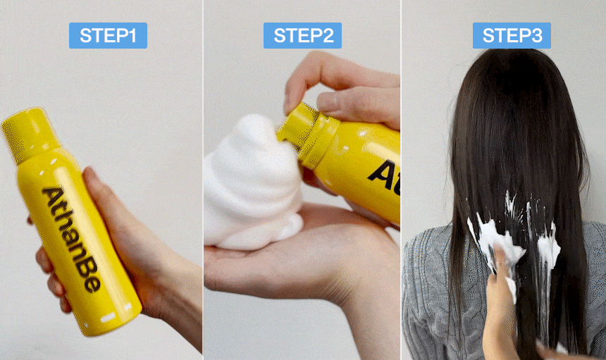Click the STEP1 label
108,35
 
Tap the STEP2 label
302,35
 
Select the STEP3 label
512,35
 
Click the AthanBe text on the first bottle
72,240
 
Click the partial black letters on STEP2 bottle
385,175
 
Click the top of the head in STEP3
510,58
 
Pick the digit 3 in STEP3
537,35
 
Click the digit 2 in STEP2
328,35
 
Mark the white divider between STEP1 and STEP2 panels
203,180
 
